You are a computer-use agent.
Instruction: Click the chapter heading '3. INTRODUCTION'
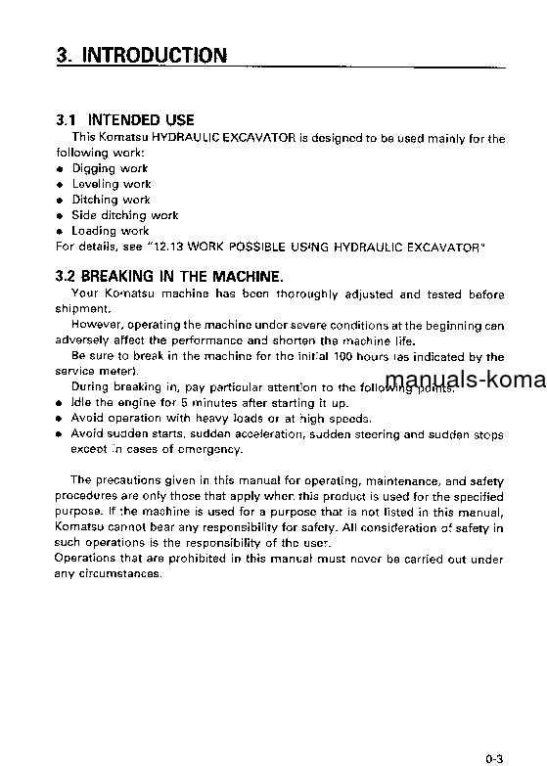coord(142,56)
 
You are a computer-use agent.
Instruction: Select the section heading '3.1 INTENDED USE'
coord(124,121)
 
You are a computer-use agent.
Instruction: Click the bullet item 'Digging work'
coord(110,168)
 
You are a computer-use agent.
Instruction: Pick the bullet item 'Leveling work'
coord(111,184)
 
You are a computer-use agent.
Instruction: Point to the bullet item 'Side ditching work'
coord(124,215)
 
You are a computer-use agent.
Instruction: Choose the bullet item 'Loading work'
coord(110,231)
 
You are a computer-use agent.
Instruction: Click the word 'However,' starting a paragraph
coord(95,326)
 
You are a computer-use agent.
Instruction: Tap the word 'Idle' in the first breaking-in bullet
coord(82,403)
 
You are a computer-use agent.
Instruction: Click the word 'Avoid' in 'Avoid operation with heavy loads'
coord(87,419)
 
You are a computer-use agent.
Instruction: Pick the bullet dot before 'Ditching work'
coord(60,201)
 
